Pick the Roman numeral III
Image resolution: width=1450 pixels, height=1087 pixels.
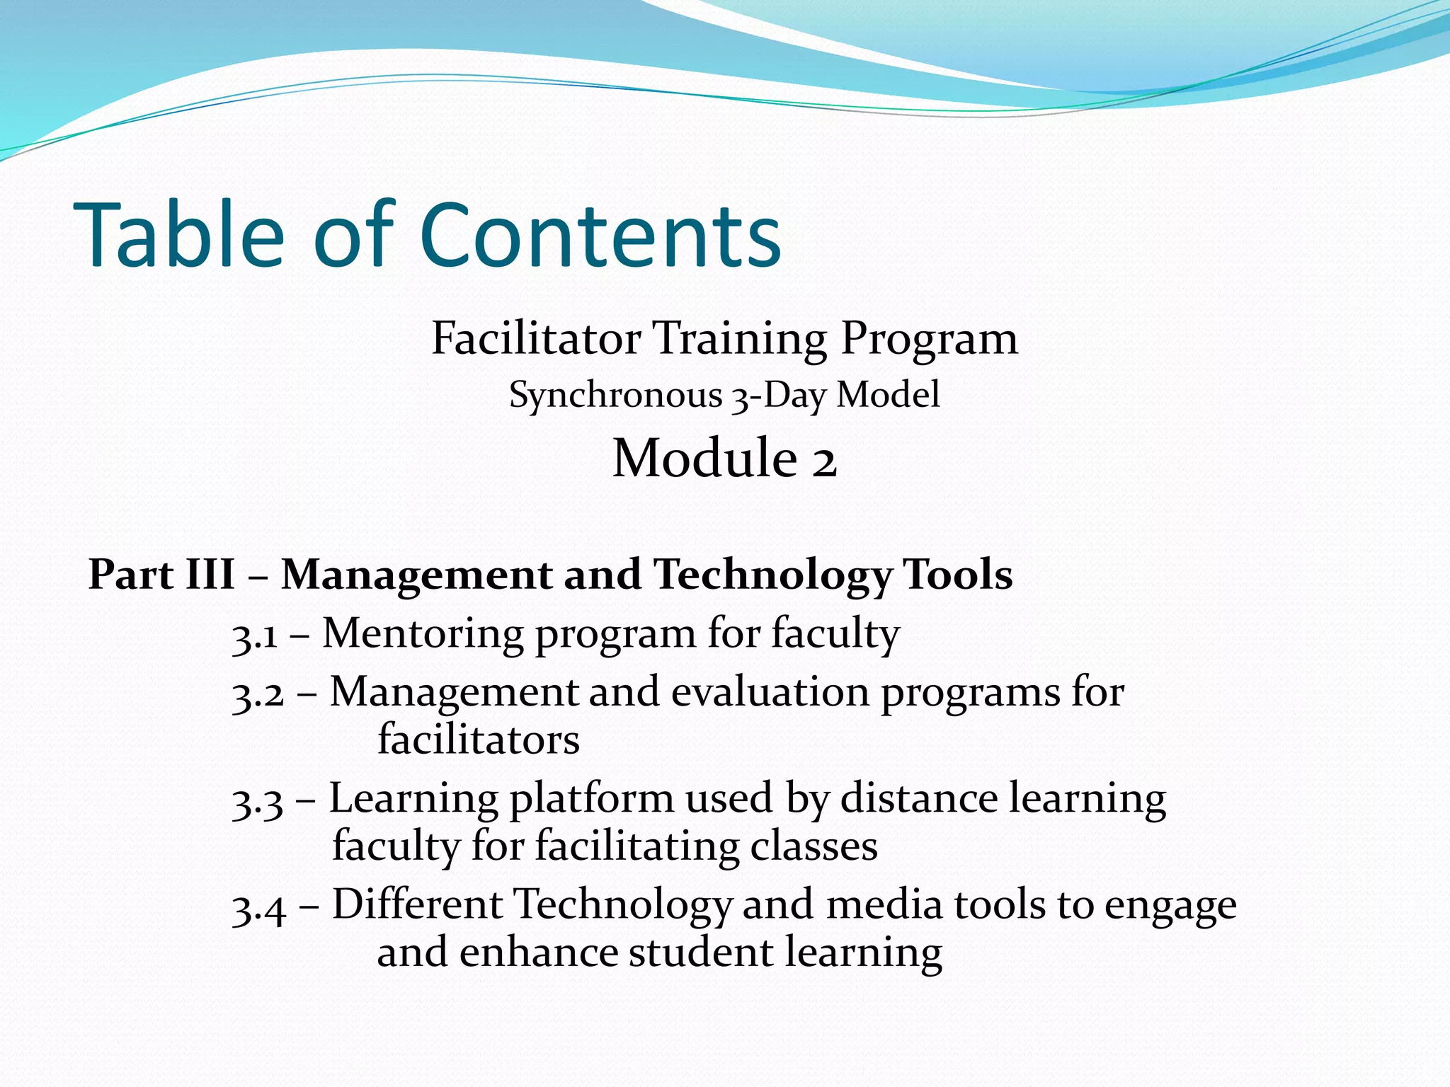pyautogui.click(x=210, y=574)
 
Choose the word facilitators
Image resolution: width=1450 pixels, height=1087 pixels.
pyautogui.click(x=479, y=740)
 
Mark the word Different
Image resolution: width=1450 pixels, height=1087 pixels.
pyautogui.click(x=417, y=905)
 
